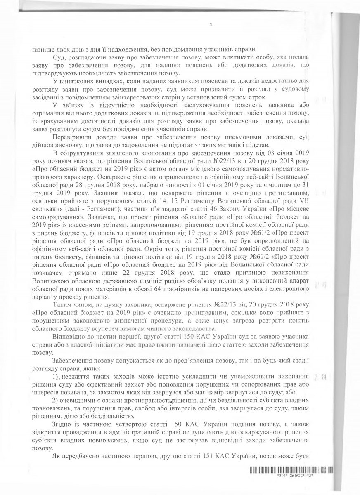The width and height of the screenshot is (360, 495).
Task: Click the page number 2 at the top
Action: pos(211,25)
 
